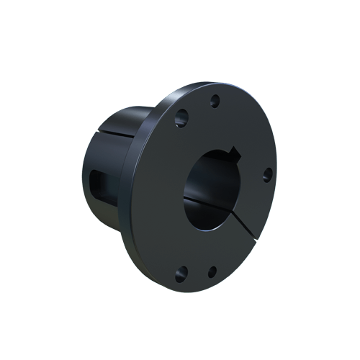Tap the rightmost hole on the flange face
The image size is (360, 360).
pyautogui.click(x=266, y=172)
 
